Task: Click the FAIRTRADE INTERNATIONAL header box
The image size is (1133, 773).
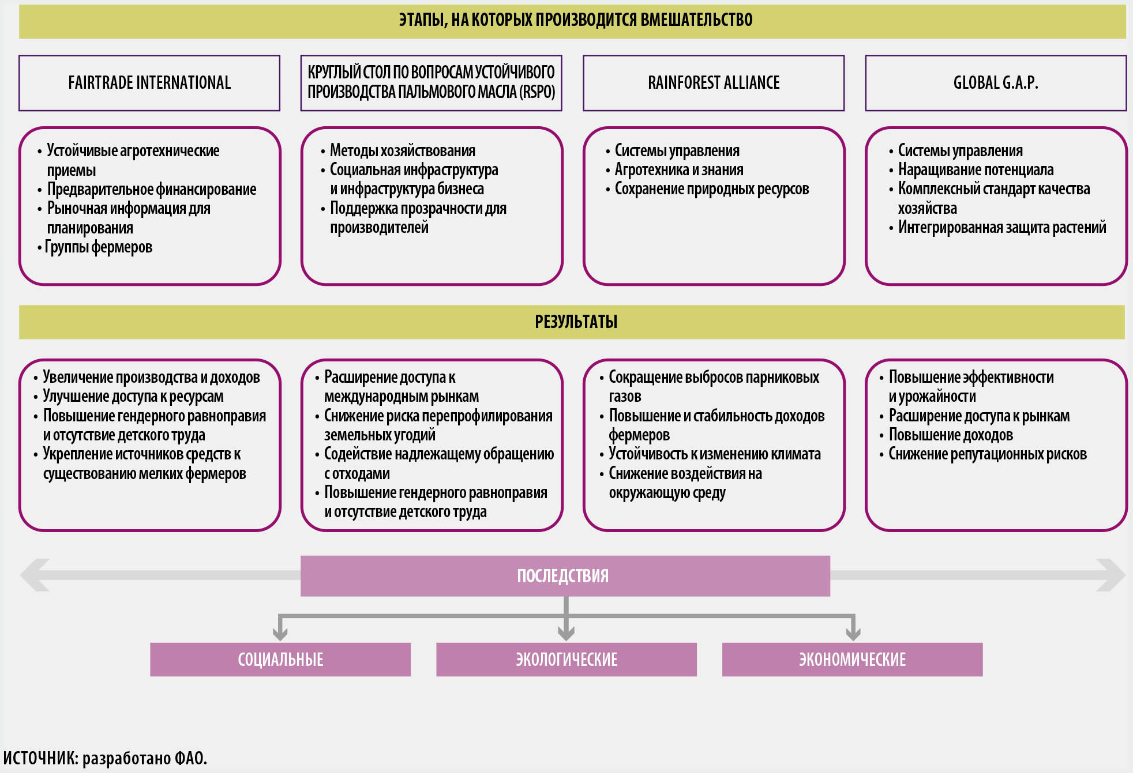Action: (149, 83)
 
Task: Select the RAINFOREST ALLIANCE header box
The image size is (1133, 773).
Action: (714, 83)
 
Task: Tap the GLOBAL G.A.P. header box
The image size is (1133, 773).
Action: (996, 83)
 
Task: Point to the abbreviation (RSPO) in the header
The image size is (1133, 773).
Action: (537, 92)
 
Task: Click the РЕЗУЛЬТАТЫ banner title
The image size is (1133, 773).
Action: (576, 322)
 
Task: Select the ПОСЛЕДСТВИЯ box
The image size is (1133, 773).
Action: (565, 576)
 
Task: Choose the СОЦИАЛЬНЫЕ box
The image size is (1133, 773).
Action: (280, 659)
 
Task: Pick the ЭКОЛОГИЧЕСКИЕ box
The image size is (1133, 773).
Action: (566, 659)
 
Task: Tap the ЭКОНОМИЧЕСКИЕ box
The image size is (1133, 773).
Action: (852, 659)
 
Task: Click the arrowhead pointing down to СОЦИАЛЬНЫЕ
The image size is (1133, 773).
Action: (280, 633)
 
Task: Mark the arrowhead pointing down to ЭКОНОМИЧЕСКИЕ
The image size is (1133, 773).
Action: (853, 633)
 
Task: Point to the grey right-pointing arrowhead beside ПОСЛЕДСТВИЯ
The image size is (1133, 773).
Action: (1111, 575)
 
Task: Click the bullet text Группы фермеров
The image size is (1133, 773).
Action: (99, 247)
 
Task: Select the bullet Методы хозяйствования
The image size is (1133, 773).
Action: (402, 151)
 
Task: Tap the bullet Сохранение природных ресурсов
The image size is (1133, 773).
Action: (711, 189)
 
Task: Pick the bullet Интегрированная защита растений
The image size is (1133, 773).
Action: (1002, 228)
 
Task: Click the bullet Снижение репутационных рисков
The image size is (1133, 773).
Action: (987, 454)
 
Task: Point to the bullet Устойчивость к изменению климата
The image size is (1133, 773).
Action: (714, 454)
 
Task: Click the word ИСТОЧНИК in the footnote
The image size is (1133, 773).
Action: (40, 758)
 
